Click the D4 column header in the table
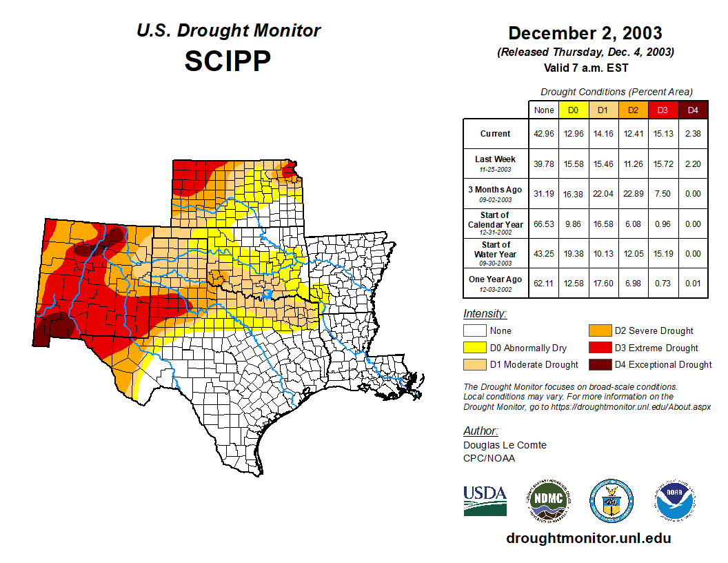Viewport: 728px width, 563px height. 693,110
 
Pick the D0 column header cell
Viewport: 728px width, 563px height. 573,110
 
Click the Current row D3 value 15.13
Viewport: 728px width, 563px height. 663,134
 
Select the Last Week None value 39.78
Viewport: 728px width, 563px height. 543,164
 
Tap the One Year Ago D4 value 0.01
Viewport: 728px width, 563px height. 693,283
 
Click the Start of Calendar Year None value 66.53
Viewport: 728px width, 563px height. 543,224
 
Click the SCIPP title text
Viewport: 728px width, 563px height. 228,61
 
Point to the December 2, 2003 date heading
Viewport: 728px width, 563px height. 585,33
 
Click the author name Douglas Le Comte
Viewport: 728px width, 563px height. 505,445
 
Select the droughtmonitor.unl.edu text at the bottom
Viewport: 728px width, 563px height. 588,538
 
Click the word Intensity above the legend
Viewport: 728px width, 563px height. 485,314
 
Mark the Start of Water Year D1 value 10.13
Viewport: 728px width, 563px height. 603,253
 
